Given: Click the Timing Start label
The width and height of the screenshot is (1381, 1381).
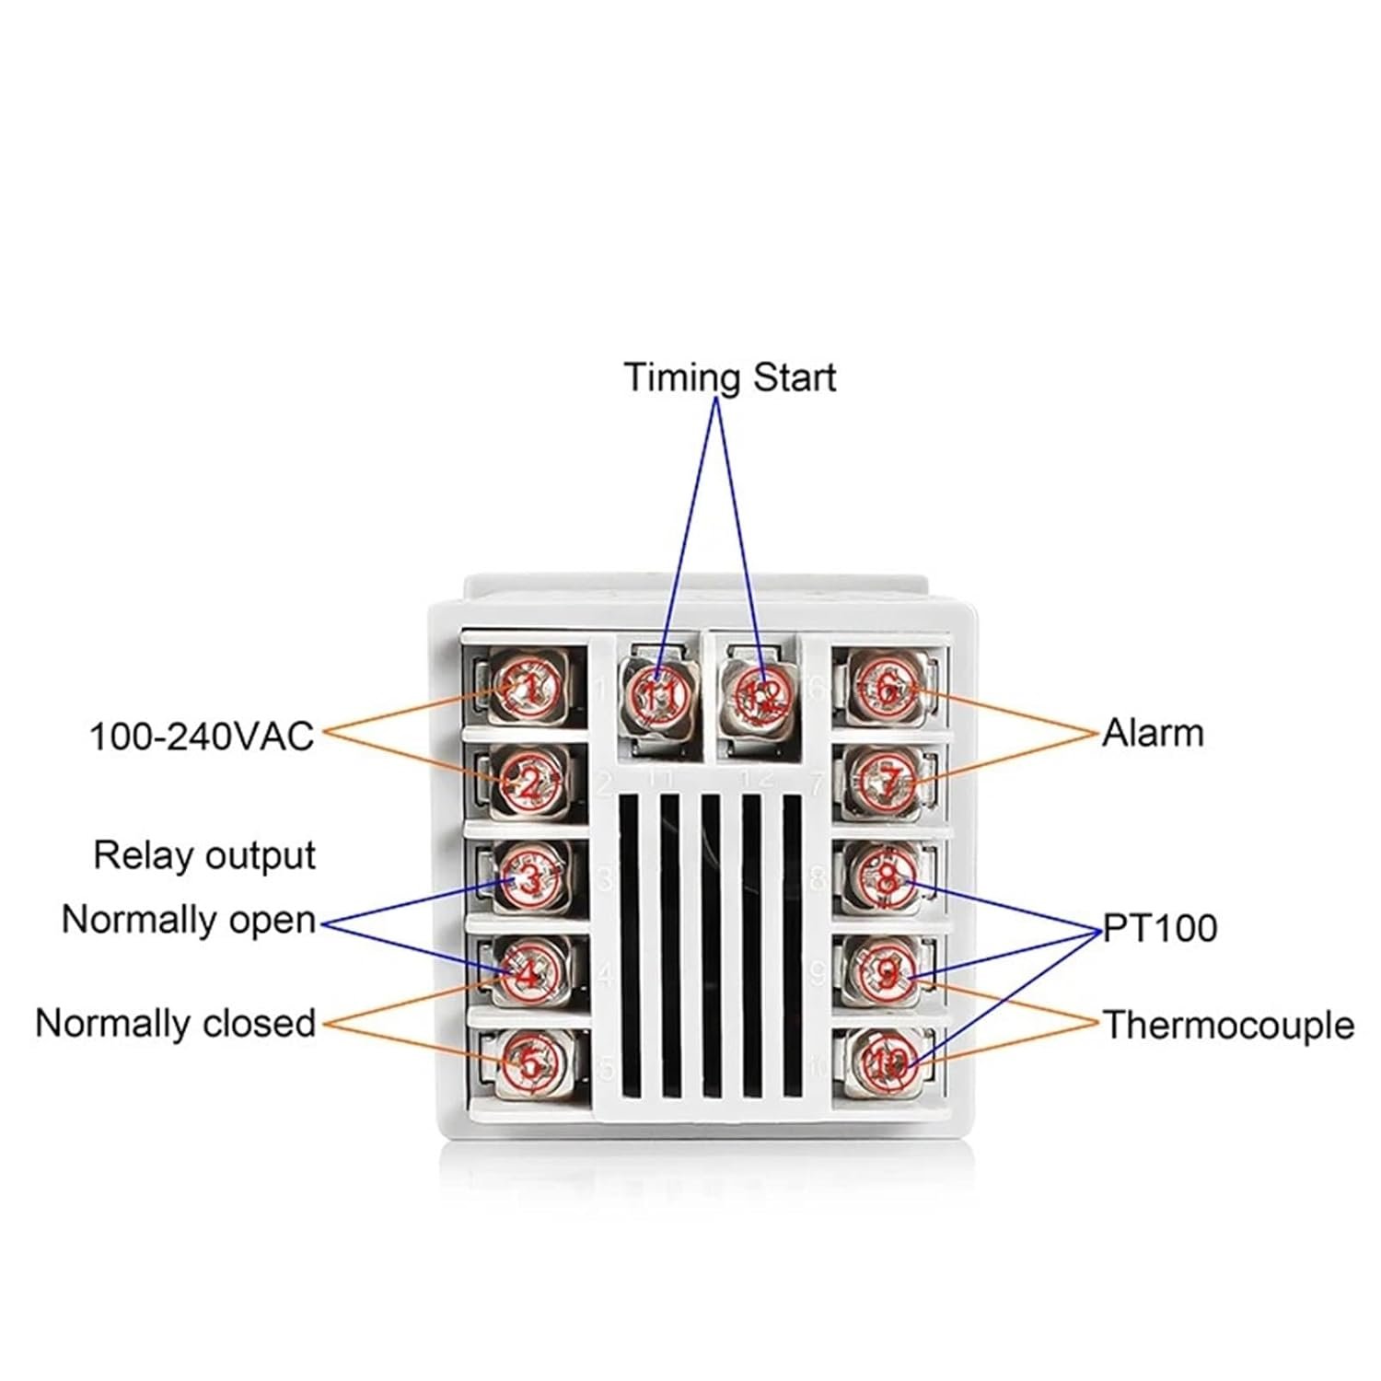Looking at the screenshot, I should pyautogui.click(x=730, y=377).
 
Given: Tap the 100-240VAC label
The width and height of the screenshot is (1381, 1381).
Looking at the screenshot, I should pyautogui.click(x=202, y=737).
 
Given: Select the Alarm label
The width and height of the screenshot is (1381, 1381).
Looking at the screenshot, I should pyautogui.click(x=1153, y=734).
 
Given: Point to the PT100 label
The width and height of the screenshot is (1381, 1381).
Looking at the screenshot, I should pyautogui.click(x=1160, y=928).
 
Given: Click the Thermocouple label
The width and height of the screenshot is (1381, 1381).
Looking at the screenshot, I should pyautogui.click(x=1228, y=1025).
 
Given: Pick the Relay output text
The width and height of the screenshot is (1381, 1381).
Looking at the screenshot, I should pyautogui.click(x=204, y=855).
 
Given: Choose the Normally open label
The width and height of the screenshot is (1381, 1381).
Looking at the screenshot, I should pyautogui.click(x=189, y=920).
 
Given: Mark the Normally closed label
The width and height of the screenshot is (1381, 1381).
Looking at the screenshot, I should pyautogui.click(x=176, y=1023).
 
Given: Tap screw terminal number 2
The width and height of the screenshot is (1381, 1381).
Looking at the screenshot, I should pyautogui.click(x=529, y=783).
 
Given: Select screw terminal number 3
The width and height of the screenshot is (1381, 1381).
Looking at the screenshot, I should pyautogui.click(x=529, y=878).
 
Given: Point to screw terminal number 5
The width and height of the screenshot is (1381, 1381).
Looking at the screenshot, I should pyautogui.click(x=529, y=1064).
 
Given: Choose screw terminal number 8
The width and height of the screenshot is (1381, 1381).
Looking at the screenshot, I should pyautogui.click(x=886, y=876).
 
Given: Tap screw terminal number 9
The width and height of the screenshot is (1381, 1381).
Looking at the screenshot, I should pyautogui.click(x=886, y=970).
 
